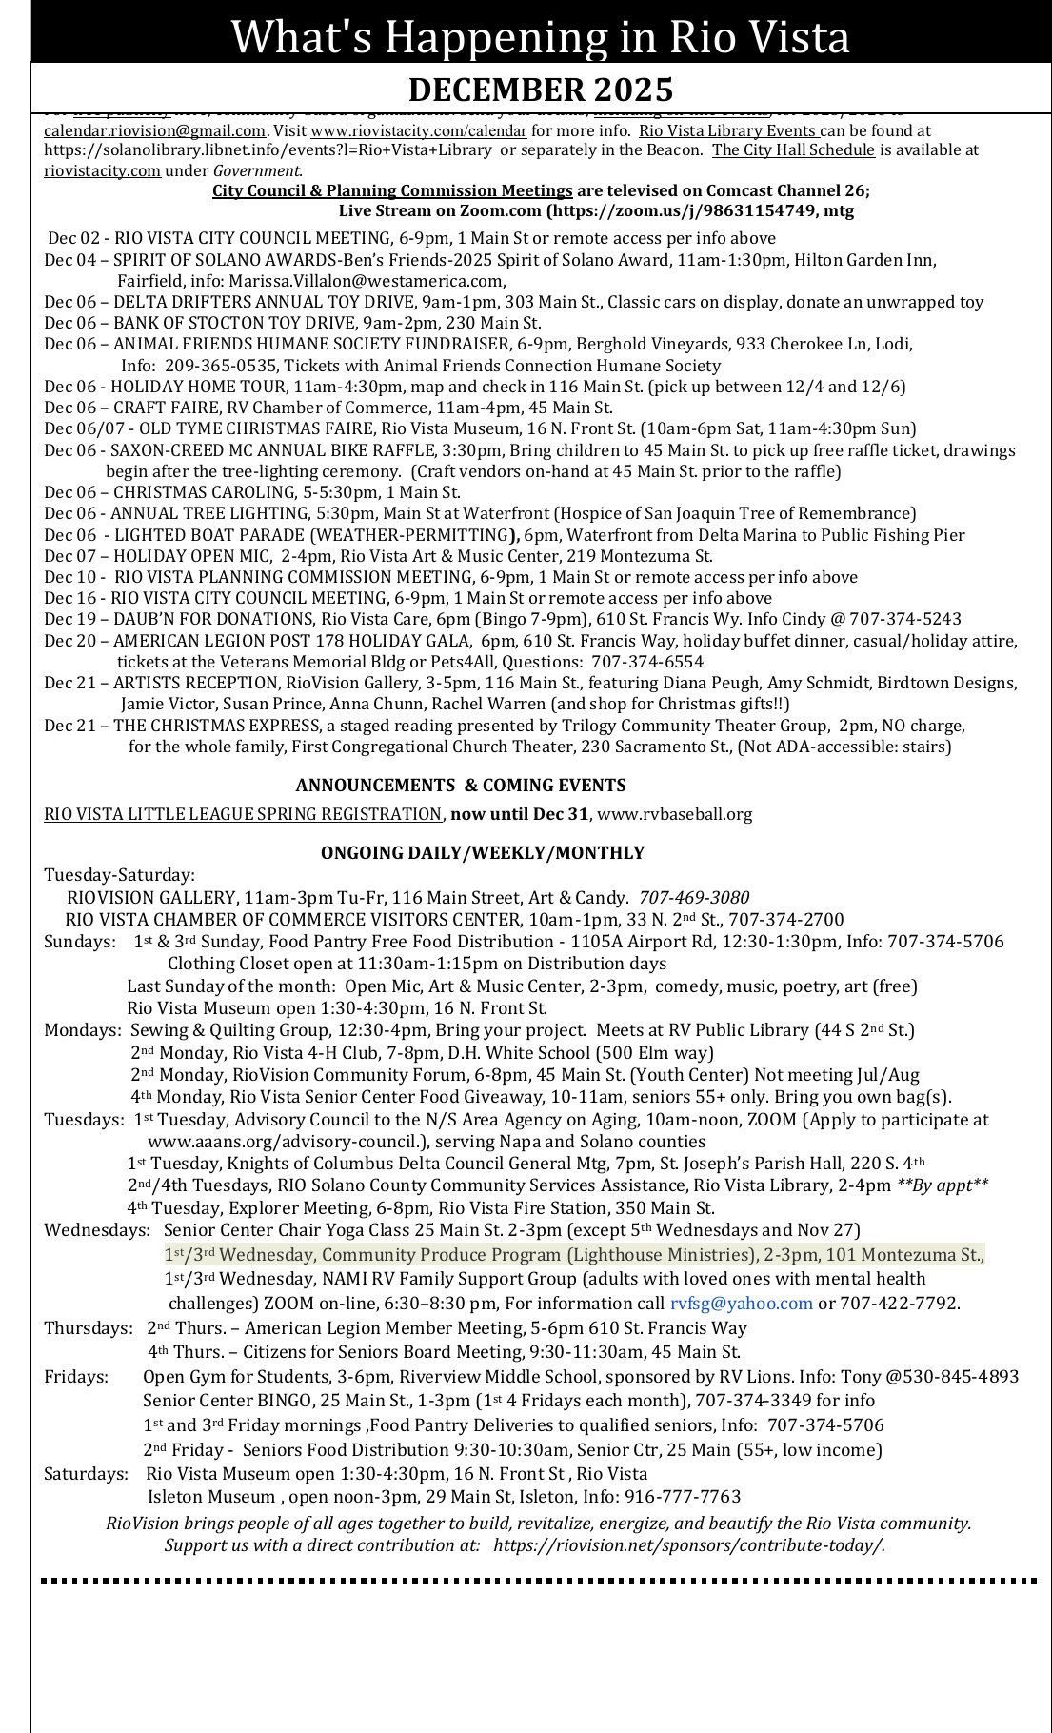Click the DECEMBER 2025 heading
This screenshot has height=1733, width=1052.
pos(541,90)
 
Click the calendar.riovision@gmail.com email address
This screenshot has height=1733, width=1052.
pos(154,131)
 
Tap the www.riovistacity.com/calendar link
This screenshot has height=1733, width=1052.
pos(419,131)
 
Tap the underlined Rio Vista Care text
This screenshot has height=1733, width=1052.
pos(374,619)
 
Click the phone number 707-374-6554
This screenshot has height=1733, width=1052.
pos(647,662)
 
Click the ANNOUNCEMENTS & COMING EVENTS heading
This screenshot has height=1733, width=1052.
pos(461,786)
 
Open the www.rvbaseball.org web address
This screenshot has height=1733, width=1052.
pos(675,814)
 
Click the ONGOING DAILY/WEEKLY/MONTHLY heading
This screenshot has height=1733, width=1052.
pos(483,853)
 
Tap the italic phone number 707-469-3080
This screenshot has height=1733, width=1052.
pos(694,898)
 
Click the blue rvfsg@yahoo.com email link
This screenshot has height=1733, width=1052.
pos(742,1304)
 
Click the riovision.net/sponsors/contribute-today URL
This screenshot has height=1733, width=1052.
pos(689,1545)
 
